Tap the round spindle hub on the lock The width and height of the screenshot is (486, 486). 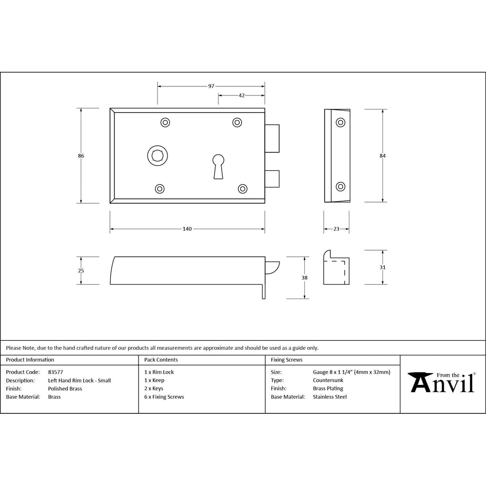(158, 155)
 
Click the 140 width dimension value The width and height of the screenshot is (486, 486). (187, 229)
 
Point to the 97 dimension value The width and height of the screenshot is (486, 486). (211, 86)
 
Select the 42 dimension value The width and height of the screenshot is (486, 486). (242, 95)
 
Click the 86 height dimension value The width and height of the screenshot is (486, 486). (81, 156)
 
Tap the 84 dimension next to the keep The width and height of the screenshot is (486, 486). (383, 156)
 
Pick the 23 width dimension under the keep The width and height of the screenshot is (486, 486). (336, 229)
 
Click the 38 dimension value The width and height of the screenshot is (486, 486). (304, 278)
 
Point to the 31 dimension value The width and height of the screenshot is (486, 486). (383, 267)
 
